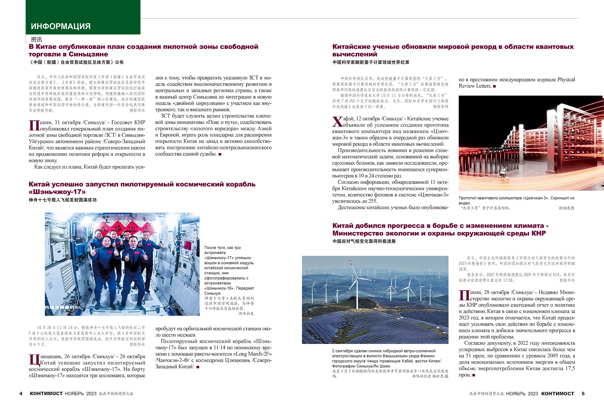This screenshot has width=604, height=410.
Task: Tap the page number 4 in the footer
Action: [21, 393]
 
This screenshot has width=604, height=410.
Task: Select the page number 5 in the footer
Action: [583, 393]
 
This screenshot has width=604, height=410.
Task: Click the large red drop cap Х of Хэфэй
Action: [337, 122]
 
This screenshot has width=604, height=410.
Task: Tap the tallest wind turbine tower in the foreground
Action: [357, 293]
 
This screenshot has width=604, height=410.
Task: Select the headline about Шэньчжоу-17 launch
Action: [142, 188]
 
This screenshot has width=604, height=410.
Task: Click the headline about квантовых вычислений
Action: [453, 50]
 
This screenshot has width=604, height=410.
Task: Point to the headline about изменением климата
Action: [440, 229]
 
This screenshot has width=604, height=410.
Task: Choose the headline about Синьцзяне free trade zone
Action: [143, 50]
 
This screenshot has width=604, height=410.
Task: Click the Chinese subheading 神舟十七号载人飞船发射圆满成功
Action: [63, 200]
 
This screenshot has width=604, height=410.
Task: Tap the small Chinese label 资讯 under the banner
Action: [36, 40]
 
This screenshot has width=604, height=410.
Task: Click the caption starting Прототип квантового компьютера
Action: [516, 200]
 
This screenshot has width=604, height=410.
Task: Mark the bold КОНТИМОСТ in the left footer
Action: [46, 393]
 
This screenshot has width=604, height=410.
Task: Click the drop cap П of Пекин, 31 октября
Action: [34, 125]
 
